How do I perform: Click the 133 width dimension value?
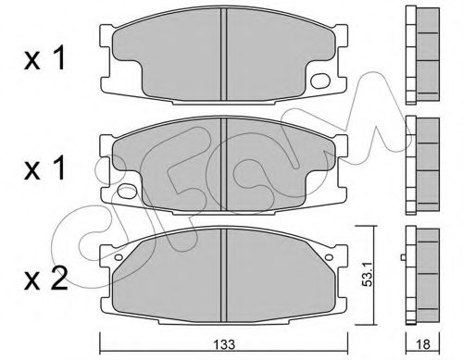225,344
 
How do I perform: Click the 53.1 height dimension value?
368,275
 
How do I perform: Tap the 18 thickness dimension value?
423,344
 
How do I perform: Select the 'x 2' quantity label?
46,279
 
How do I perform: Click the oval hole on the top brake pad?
319,81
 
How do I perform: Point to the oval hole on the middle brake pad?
127,192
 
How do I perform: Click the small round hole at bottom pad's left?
118,257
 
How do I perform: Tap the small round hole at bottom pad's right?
329,257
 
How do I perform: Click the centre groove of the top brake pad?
224,55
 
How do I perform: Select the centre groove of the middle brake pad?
224,165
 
